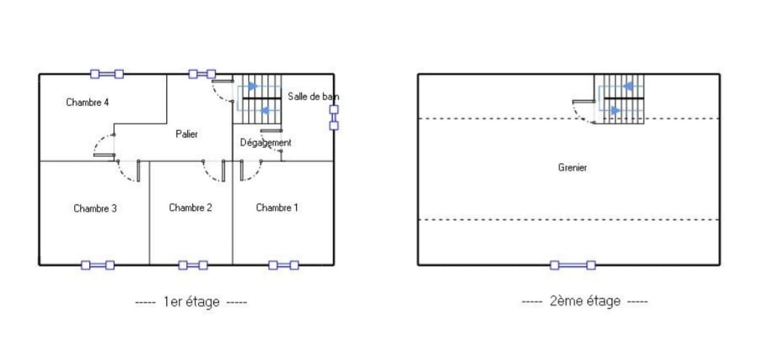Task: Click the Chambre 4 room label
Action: tap(87, 103)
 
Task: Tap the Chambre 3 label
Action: tap(95, 209)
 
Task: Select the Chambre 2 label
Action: tap(190, 208)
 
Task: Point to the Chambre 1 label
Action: tap(277, 208)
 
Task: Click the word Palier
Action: tap(187, 135)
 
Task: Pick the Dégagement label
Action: tap(265, 143)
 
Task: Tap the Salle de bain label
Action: tap(313, 96)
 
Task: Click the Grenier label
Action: tap(573, 168)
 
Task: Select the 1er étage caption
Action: tap(191, 302)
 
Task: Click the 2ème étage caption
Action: tap(584, 301)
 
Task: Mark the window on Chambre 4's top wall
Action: tap(107, 74)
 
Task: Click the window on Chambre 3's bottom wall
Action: tap(98, 265)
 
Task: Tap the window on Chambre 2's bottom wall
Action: tap(193, 265)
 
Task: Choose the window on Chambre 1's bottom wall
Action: tap(284, 265)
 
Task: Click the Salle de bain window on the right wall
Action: tap(334, 117)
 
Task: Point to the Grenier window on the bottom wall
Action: tap(573, 265)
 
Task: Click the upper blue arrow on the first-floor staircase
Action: tap(253, 86)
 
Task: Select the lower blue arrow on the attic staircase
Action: tap(615, 111)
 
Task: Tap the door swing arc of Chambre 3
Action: tap(127, 171)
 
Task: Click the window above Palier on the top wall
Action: tap(202, 74)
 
